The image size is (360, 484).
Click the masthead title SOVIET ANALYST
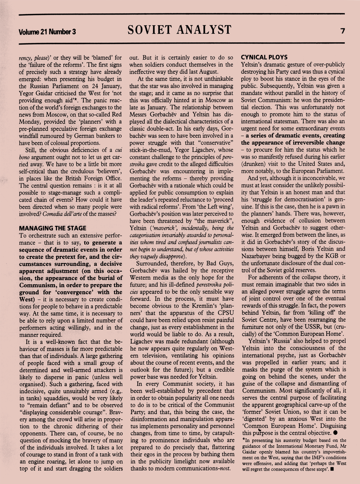tap(179, 30)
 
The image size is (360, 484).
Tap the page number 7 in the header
tap(342, 31)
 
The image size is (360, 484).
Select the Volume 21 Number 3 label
tap(47, 31)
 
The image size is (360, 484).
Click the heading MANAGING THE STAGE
tap(52, 228)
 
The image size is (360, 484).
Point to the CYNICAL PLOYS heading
tap(264, 57)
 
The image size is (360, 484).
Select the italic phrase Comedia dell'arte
tap(61, 214)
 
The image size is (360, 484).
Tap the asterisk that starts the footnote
tap(243, 440)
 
